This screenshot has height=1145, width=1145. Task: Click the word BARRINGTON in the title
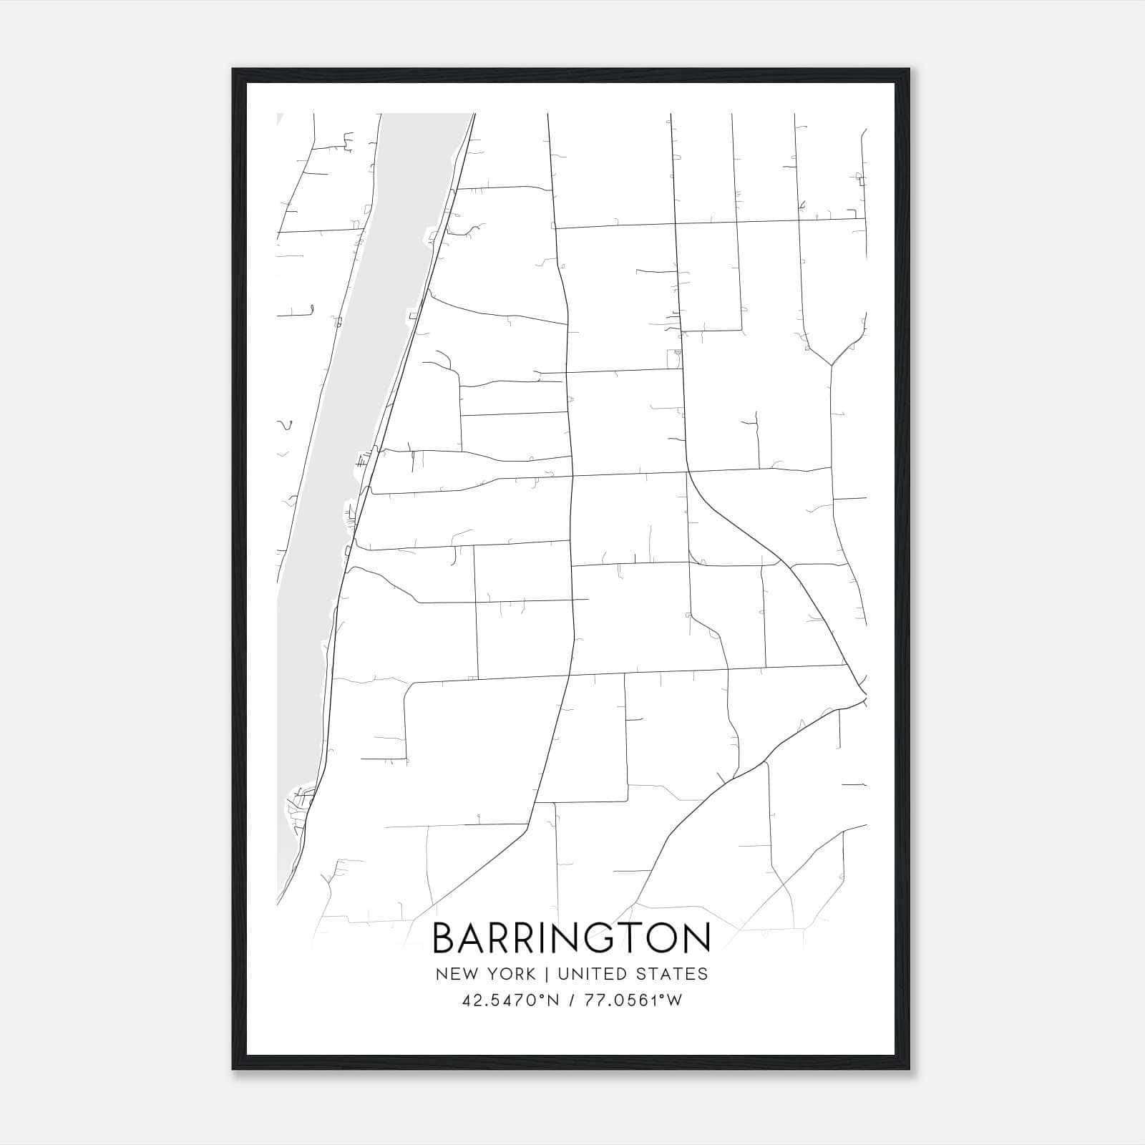tap(572, 938)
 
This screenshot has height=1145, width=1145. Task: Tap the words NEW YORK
tap(484, 974)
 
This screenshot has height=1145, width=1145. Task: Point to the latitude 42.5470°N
tap(510, 1000)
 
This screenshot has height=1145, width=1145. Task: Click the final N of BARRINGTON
tap(696, 938)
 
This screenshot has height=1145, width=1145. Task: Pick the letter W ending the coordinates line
tap(673, 1000)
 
